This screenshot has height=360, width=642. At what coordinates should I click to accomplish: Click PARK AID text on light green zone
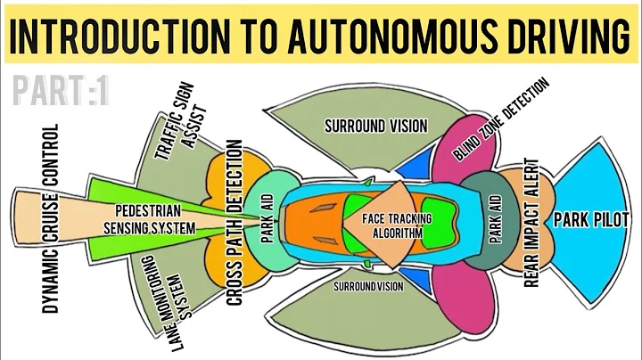pyautogui.click(x=267, y=219)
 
